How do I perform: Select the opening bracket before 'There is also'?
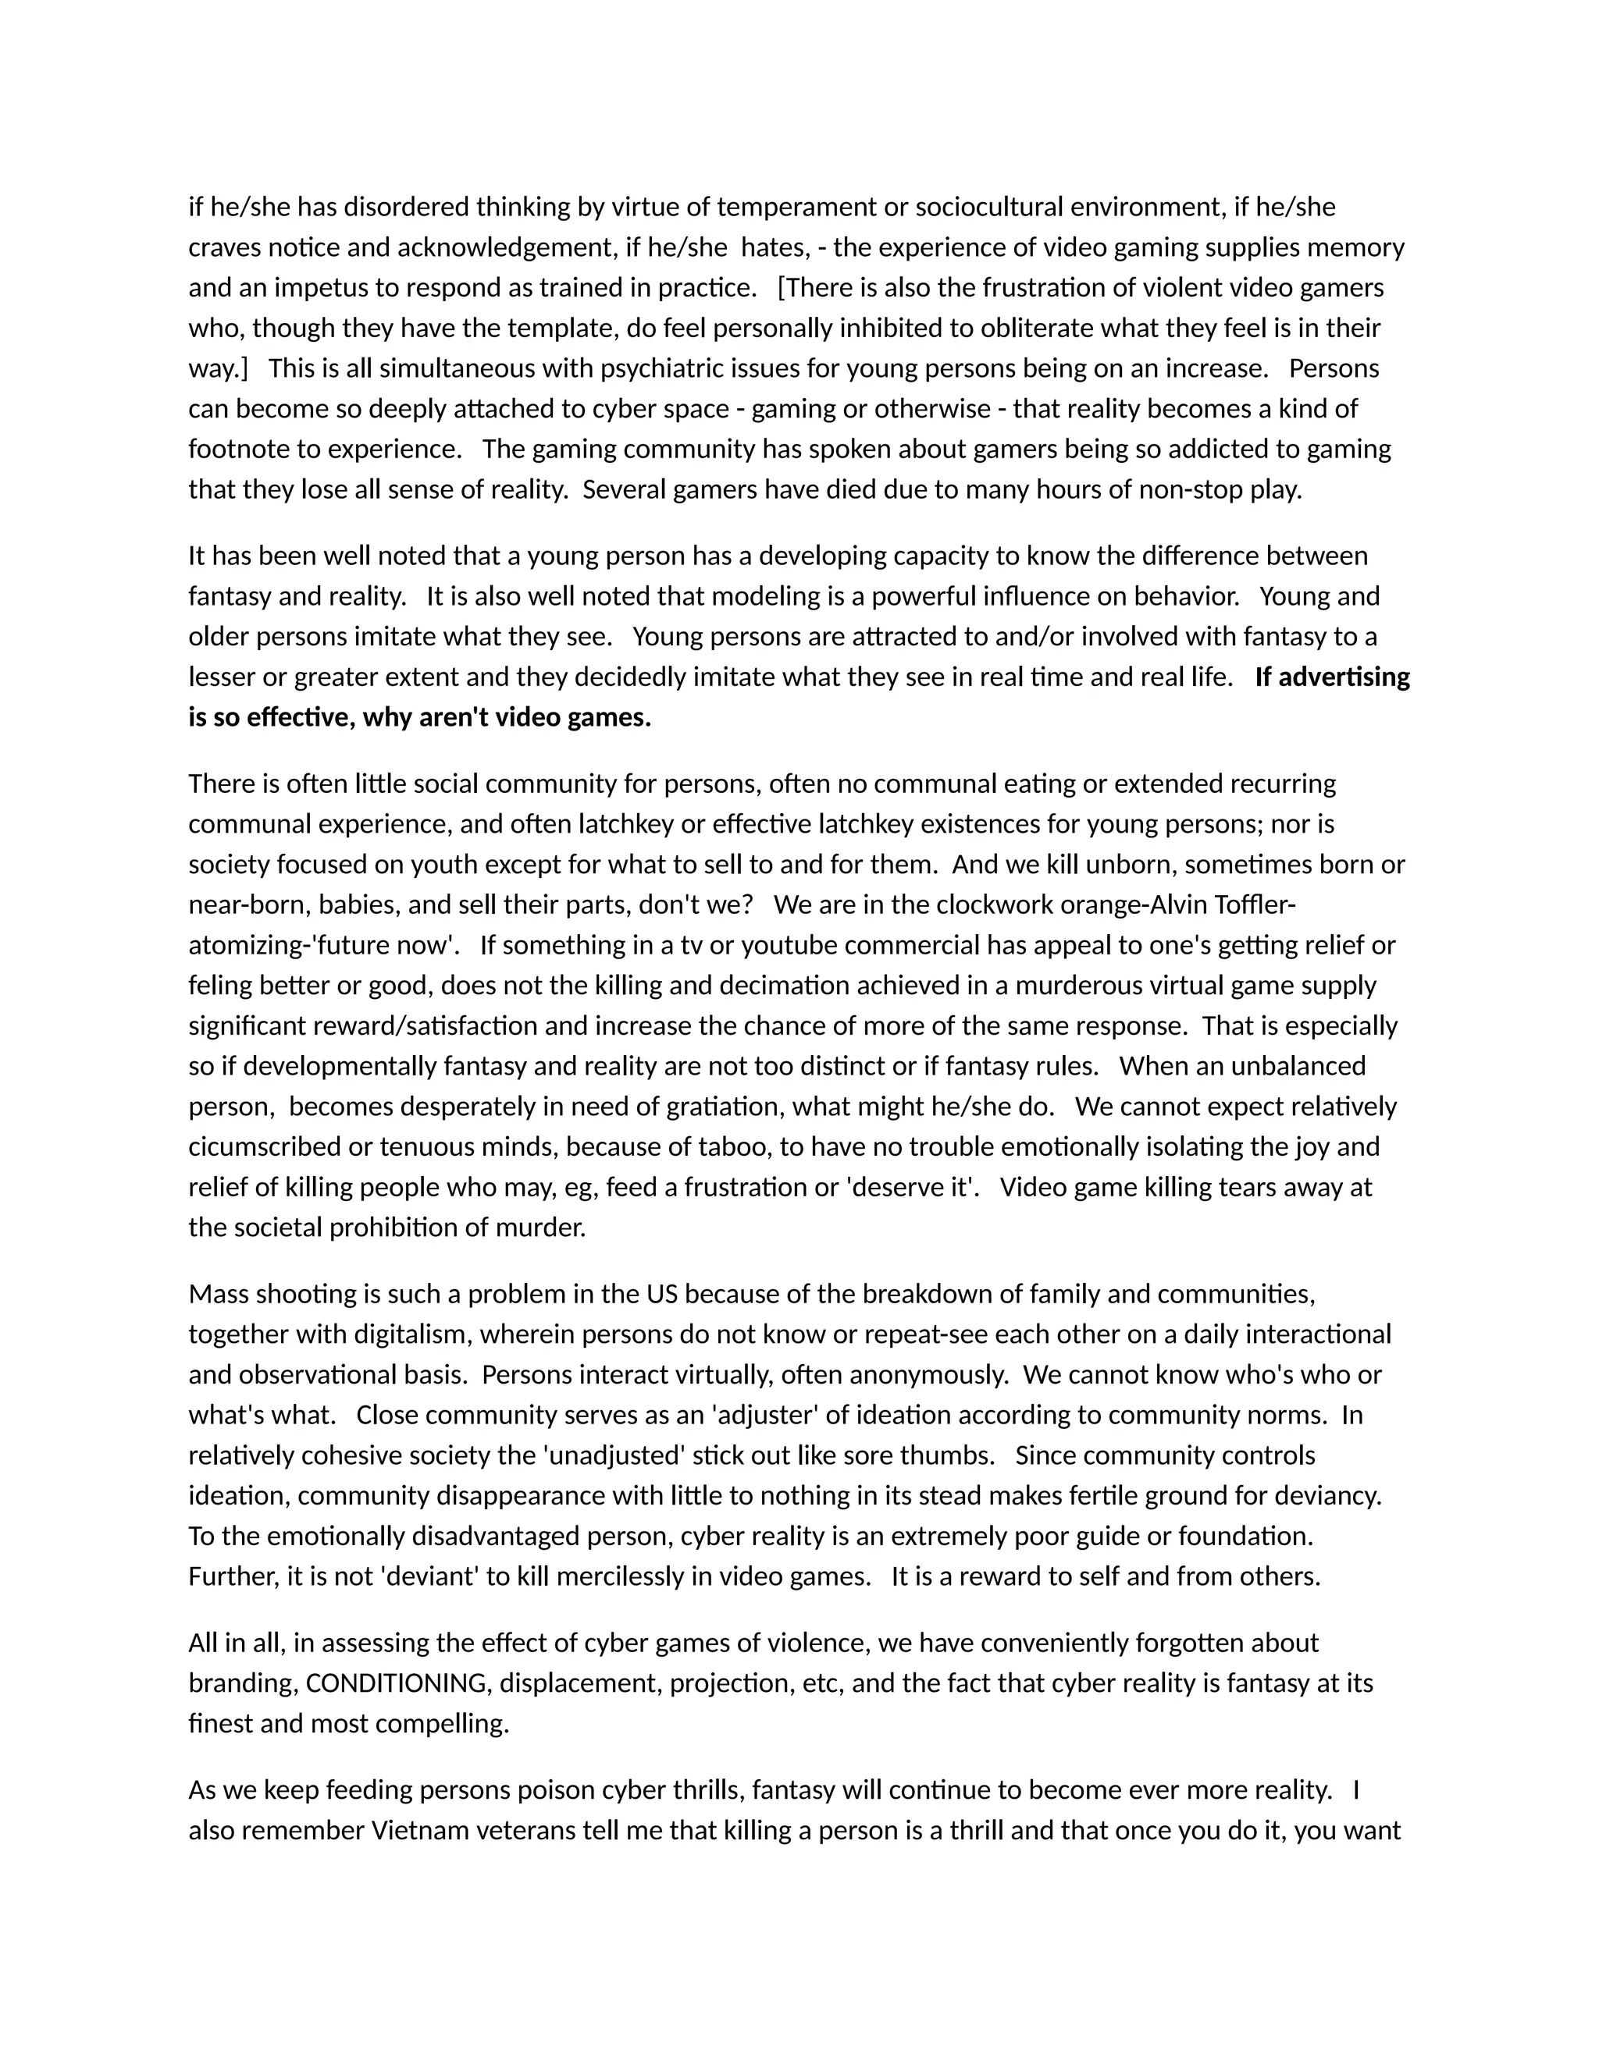click(782, 288)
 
